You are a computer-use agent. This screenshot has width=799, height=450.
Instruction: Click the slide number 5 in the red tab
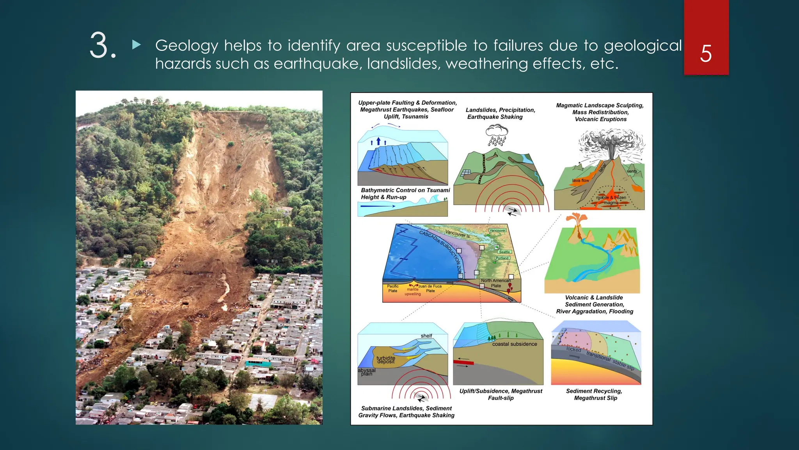pyautogui.click(x=706, y=54)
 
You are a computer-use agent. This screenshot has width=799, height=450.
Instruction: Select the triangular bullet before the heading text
pyautogui.click(x=136, y=45)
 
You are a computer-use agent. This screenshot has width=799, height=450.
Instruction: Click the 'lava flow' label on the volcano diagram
pyautogui.click(x=581, y=180)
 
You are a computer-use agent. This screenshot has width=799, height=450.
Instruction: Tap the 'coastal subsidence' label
pyautogui.click(x=515, y=344)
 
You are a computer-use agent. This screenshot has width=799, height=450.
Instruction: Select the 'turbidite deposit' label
pyautogui.click(x=386, y=360)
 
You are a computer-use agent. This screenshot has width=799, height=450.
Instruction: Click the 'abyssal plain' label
pyautogui.click(x=367, y=372)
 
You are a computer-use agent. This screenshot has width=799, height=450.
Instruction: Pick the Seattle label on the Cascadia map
pyautogui.click(x=504, y=252)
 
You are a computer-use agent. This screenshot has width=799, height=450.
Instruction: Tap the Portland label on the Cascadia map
pyautogui.click(x=502, y=258)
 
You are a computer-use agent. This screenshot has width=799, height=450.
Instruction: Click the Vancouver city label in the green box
pyautogui.click(x=497, y=230)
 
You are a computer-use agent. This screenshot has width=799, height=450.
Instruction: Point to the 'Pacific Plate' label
pyautogui.click(x=393, y=289)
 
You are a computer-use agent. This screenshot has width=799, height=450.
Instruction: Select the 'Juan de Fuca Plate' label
pyautogui.click(x=430, y=288)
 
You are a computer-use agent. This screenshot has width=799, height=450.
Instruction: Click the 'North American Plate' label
pyautogui.click(x=495, y=283)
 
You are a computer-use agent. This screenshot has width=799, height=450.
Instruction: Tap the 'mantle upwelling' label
pyautogui.click(x=412, y=292)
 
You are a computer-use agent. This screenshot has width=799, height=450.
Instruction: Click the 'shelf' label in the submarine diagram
pyautogui.click(x=426, y=336)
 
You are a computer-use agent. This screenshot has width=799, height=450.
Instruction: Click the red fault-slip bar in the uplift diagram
pyautogui.click(x=463, y=363)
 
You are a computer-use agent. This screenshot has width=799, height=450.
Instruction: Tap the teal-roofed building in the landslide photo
pyautogui.click(x=257, y=362)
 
